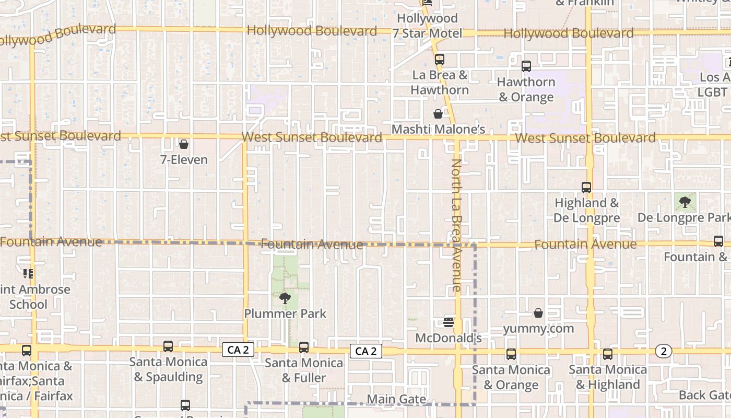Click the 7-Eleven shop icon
184,144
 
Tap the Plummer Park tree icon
285,298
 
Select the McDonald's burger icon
449,322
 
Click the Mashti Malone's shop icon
438,114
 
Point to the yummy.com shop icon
538,313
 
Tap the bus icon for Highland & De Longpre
586,187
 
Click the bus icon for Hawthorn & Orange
526,66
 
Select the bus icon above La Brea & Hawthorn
440,59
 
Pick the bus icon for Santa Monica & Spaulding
168,346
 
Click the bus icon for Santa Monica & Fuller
304,347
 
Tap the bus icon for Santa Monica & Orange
511,354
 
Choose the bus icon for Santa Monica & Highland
608,354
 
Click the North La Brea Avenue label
456,225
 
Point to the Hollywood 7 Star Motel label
427,26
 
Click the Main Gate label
396,400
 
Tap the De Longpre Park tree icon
685,202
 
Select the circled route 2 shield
663,351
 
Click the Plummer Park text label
285,313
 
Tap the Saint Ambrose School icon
28,273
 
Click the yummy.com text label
538,329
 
